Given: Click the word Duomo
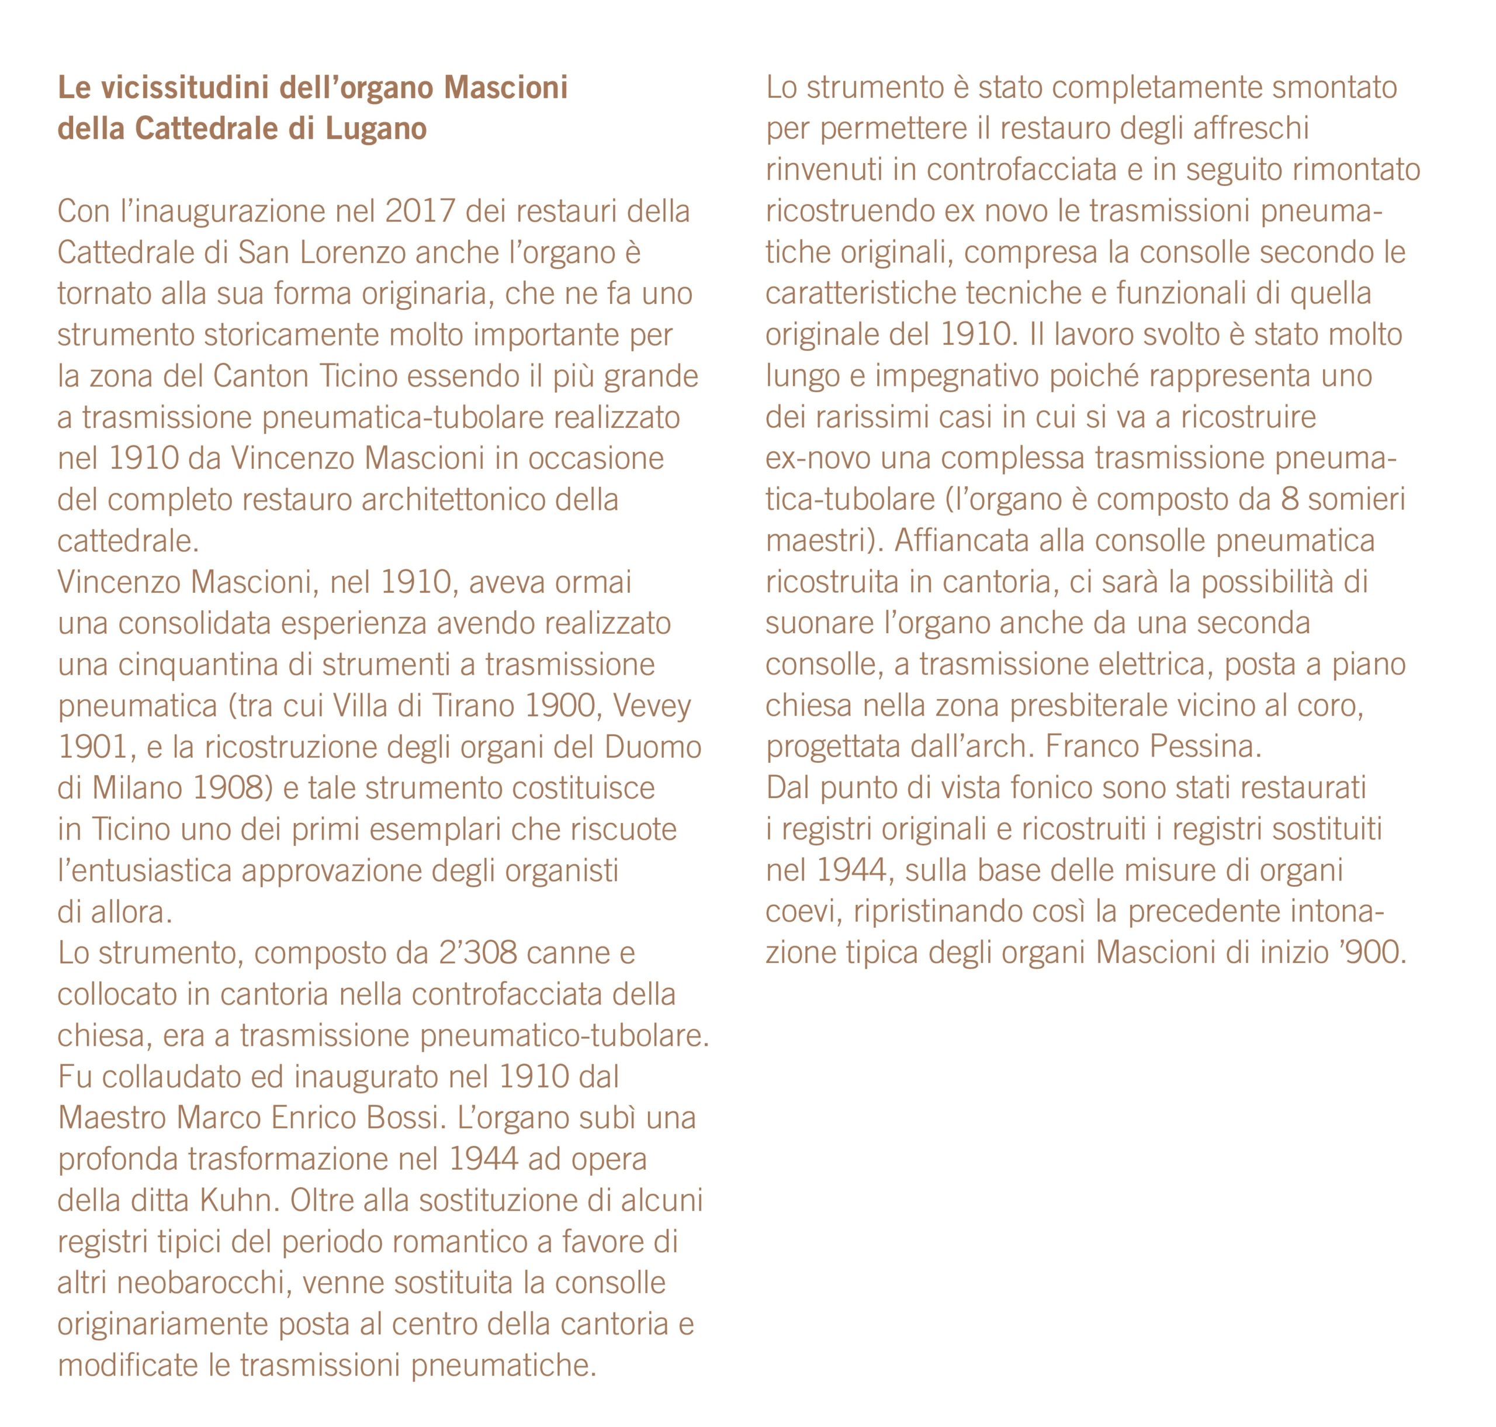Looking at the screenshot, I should click(x=653, y=747).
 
